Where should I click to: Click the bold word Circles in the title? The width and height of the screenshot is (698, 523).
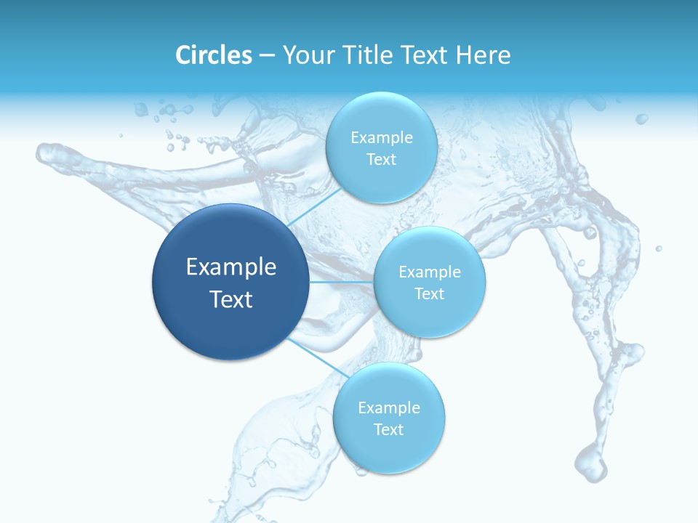click(x=214, y=55)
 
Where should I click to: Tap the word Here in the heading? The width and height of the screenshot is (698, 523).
click(x=483, y=55)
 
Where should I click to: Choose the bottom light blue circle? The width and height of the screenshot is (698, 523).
click(x=388, y=454)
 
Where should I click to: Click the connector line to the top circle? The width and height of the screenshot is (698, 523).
click(x=315, y=208)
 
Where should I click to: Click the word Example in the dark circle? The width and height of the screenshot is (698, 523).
click(x=231, y=267)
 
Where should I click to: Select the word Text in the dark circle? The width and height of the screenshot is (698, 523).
click(x=231, y=299)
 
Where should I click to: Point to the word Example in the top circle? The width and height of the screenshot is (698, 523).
click(x=381, y=137)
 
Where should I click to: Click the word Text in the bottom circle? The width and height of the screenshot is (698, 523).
click(x=388, y=429)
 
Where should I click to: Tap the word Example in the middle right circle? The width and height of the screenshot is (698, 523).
click(x=429, y=272)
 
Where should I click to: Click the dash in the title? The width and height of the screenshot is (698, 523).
click(x=267, y=55)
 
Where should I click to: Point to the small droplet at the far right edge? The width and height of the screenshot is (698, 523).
click(x=659, y=248)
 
